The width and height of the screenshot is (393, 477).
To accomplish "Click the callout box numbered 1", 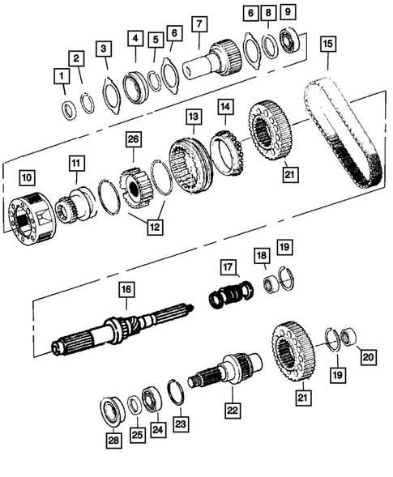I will [x=62, y=77].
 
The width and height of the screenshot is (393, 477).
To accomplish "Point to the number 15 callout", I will [x=328, y=43].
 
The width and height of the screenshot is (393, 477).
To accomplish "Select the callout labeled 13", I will [x=192, y=117].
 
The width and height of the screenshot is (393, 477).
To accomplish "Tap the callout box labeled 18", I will [x=262, y=256].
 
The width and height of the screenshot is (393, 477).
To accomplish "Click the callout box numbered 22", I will [x=233, y=411].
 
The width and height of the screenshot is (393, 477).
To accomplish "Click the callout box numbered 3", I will [x=103, y=51].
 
